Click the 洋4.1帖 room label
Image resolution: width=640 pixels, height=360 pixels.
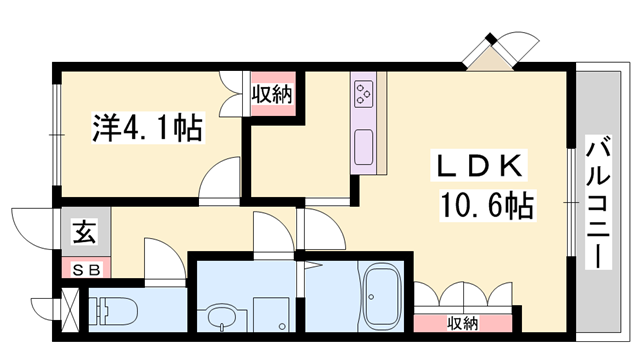point(148,128)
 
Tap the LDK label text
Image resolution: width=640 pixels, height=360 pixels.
point(479,166)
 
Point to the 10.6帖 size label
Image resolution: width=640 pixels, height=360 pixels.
point(487,206)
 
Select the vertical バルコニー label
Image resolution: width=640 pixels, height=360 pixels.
point(598,202)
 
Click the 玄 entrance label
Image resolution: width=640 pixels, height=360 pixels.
point(85,232)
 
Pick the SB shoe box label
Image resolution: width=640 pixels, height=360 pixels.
point(86,270)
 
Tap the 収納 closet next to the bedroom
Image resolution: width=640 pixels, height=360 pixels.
point(272,94)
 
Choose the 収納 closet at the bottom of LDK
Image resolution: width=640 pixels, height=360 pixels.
point(462,323)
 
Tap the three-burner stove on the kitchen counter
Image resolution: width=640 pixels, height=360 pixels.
point(363,94)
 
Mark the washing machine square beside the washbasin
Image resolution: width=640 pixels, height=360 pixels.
point(271,314)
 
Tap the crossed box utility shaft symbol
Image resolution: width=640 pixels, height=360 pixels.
point(69,309)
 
